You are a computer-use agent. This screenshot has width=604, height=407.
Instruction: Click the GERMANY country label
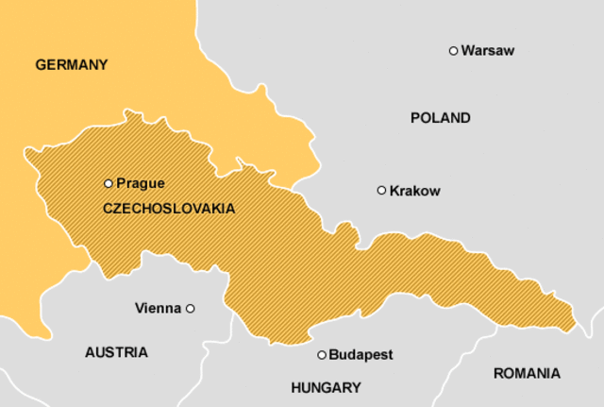tap(72, 65)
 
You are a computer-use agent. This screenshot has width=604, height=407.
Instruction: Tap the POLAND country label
tap(440, 118)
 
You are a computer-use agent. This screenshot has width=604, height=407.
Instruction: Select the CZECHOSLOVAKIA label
tap(169, 208)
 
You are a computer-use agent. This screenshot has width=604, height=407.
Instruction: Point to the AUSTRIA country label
tap(116, 352)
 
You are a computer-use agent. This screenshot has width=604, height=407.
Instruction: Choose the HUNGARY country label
tap(326, 387)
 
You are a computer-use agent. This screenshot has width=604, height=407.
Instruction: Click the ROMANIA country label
tap(527, 373)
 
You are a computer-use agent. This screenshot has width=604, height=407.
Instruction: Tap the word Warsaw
tap(488, 50)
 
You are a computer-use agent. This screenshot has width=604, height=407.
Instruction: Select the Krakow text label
tap(414, 191)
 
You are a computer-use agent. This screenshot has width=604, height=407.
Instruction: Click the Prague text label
tap(141, 183)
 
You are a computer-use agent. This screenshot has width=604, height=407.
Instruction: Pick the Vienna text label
tap(158, 308)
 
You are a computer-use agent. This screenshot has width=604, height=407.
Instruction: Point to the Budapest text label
tap(361, 355)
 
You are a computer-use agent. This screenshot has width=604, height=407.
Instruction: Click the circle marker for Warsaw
tap(453, 50)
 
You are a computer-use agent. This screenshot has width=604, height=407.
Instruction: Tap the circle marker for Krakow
tap(381, 190)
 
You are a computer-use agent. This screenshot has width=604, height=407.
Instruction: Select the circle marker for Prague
tap(108, 183)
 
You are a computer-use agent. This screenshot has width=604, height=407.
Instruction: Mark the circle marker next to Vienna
tap(190, 308)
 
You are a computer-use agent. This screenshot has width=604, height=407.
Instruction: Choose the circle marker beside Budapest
tap(322, 355)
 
